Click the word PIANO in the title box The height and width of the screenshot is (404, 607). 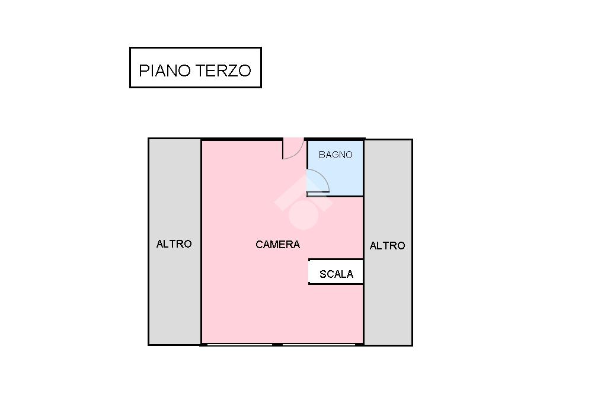[165, 70]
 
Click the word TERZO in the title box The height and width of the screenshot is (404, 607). [223, 70]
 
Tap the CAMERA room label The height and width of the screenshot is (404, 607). [277, 245]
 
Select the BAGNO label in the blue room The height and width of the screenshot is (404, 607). [336, 155]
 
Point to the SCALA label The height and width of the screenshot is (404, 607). [336, 274]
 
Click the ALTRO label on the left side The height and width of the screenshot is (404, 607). [174, 244]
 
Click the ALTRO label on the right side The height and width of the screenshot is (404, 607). [387, 246]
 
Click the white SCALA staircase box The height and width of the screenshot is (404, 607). [336, 272]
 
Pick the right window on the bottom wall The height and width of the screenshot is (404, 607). [318, 344]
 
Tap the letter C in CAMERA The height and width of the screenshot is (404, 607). [259, 245]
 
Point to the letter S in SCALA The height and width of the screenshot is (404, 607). [322, 274]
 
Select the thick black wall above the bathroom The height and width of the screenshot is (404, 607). [334, 139]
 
